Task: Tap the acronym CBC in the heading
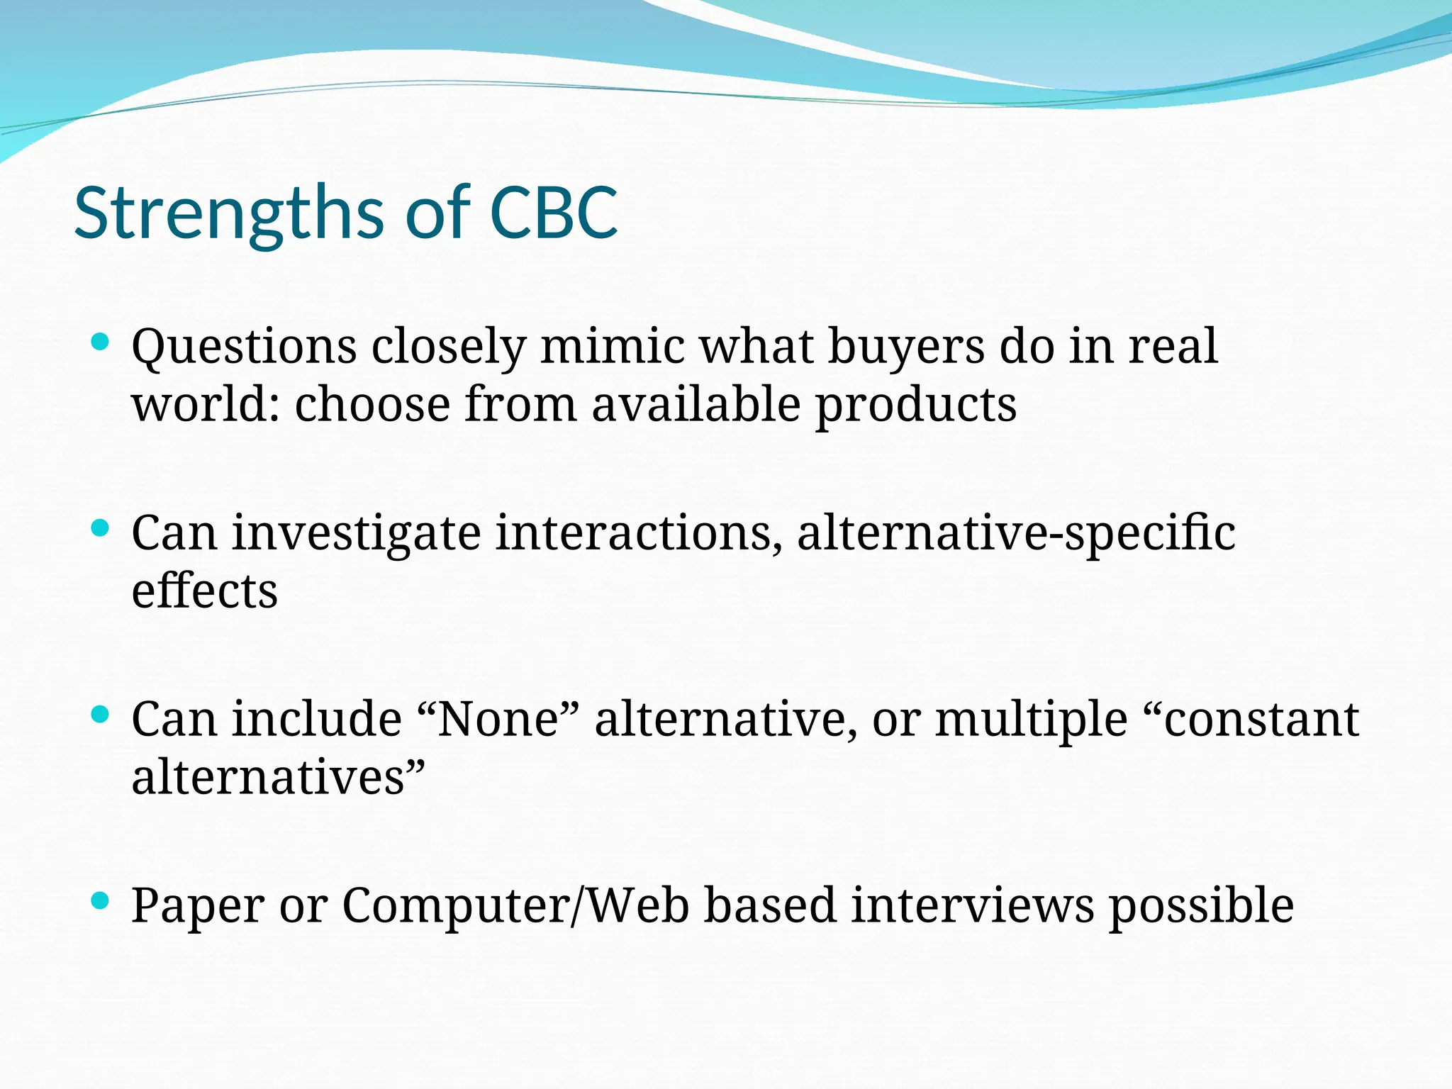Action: coord(554,213)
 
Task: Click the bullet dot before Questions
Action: coord(101,342)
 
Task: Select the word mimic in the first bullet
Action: coord(613,347)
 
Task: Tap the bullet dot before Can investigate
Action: coord(101,528)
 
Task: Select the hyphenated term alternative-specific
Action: coord(1016,534)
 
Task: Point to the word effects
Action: coord(204,591)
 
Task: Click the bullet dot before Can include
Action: coord(101,714)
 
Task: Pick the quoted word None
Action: coord(499,719)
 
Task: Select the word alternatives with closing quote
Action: coord(278,777)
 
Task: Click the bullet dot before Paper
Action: coord(101,901)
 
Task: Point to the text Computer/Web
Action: coord(515,906)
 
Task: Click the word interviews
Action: coord(972,906)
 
